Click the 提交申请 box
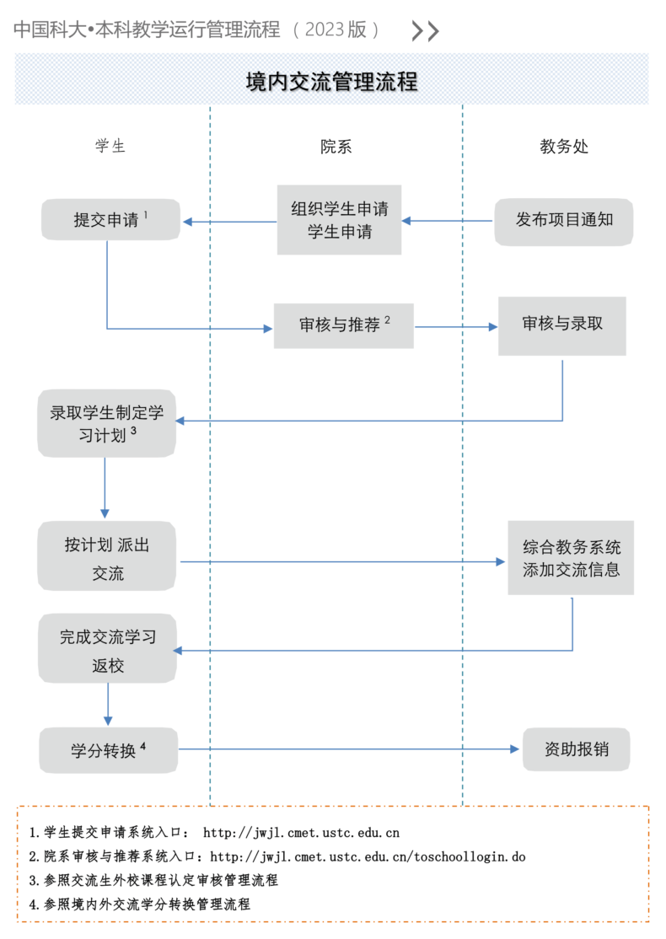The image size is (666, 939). [110, 220]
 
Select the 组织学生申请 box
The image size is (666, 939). [339, 220]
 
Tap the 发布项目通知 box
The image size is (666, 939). [564, 222]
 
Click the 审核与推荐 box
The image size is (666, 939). [344, 325]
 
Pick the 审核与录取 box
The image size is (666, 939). [562, 325]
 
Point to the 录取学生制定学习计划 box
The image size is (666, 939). [106, 423]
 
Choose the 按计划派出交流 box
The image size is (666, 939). [106, 555]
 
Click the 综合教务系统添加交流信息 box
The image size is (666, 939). [571, 557]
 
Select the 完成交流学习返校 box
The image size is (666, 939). [107, 648]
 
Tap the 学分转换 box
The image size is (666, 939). [109, 750]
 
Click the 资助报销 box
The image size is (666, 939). [576, 749]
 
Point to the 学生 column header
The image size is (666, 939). [110, 146]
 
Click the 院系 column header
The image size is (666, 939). [336, 147]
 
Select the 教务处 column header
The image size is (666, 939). [564, 146]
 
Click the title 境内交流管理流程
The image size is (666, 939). [332, 82]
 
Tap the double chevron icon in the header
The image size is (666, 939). [425, 30]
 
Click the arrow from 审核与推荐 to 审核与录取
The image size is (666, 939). [456, 327]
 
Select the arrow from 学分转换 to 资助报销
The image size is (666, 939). [349, 749]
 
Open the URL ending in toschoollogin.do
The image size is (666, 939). [368, 857]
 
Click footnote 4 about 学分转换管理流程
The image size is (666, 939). [140, 904]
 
